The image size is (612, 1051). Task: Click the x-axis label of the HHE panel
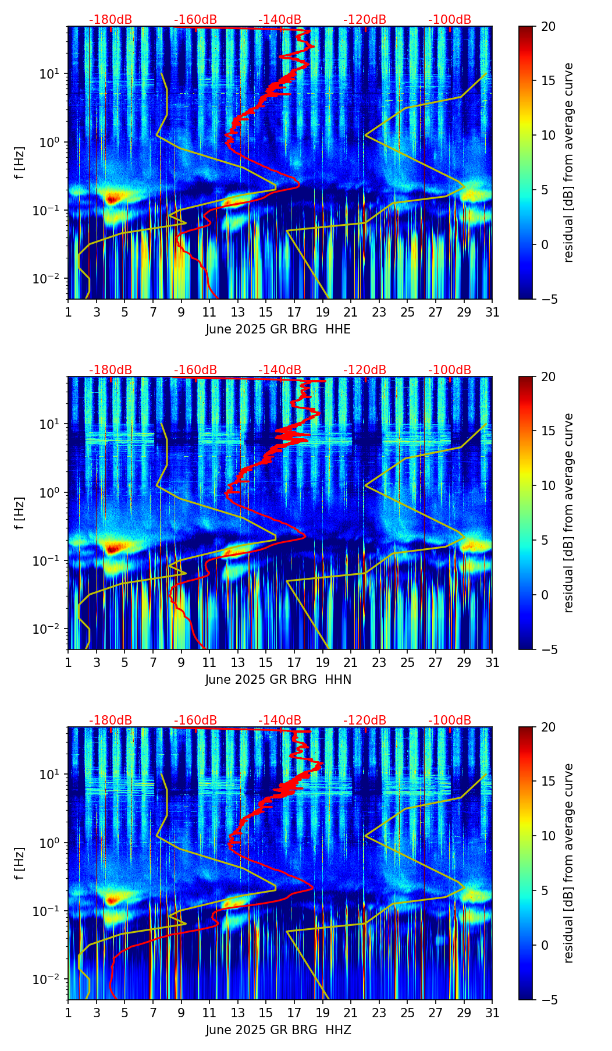[278, 329]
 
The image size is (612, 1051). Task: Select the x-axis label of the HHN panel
[278, 680]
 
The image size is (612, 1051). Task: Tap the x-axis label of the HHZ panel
[278, 1030]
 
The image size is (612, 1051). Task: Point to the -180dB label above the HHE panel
[111, 20]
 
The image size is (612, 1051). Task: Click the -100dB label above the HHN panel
[450, 370]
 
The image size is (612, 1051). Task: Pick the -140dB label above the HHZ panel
[280, 720]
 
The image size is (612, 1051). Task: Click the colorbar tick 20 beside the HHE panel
[547, 27]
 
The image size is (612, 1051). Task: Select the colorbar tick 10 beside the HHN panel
[547, 485]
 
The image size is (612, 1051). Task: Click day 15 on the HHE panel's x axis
[266, 312]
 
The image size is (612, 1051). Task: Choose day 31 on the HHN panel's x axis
[492, 662]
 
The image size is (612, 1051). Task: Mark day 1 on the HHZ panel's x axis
[69, 1013]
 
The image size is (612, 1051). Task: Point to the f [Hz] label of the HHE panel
[20, 162]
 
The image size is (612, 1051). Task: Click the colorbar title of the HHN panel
[568, 512]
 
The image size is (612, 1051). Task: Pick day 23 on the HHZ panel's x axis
[379, 1013]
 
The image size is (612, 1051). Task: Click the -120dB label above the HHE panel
[365, 20]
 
